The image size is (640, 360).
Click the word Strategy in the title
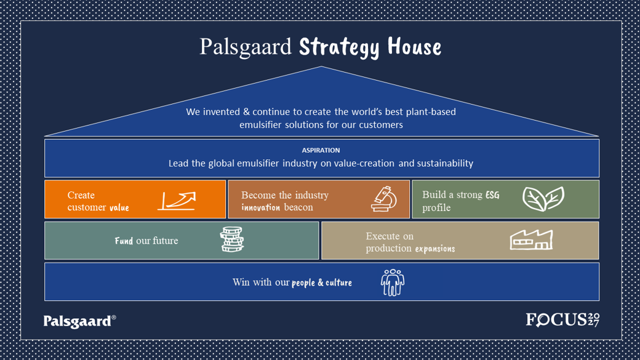tap(339, 47)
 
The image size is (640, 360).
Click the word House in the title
tap(414, 46)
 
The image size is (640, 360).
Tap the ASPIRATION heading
tap(321, 150)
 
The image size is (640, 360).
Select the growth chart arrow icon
tap(177, 201)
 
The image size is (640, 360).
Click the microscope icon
tap(383, 199)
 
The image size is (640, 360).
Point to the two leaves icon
tap(543, 199)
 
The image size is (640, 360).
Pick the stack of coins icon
tap(232, 239)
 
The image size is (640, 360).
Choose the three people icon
tap(392, 282)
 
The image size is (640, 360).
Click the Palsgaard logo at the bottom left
tap(79, 321)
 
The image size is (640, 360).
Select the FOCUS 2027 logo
tap(563, 319)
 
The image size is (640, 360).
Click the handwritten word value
tap(119, 208)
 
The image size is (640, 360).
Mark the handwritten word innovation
tap(260, 207)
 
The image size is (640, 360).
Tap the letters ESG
tap(492, 195)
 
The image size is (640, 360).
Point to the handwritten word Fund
tap(124, 241)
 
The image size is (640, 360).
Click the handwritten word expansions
tap(435, 249)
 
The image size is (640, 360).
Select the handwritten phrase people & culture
tap(322, 282)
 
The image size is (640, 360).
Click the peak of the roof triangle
tap(322, 66)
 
